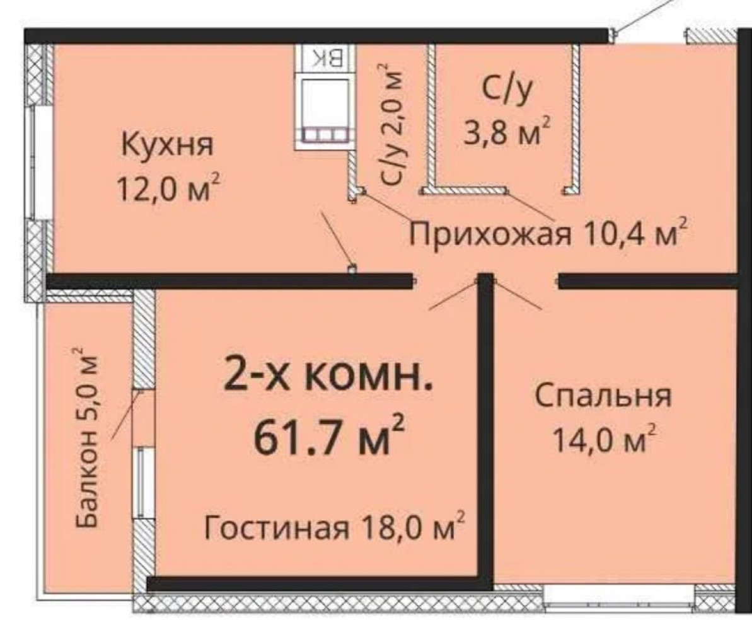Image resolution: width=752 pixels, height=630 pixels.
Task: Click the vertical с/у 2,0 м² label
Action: [x=392, y=124]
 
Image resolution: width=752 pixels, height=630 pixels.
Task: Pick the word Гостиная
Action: [x=275, y=528]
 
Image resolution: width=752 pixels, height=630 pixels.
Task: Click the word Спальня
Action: [x=603, y=396]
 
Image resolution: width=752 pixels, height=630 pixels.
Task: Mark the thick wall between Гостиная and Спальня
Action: [x=486, y=427]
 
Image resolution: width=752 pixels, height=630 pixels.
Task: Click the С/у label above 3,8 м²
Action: [x=508, y=91]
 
